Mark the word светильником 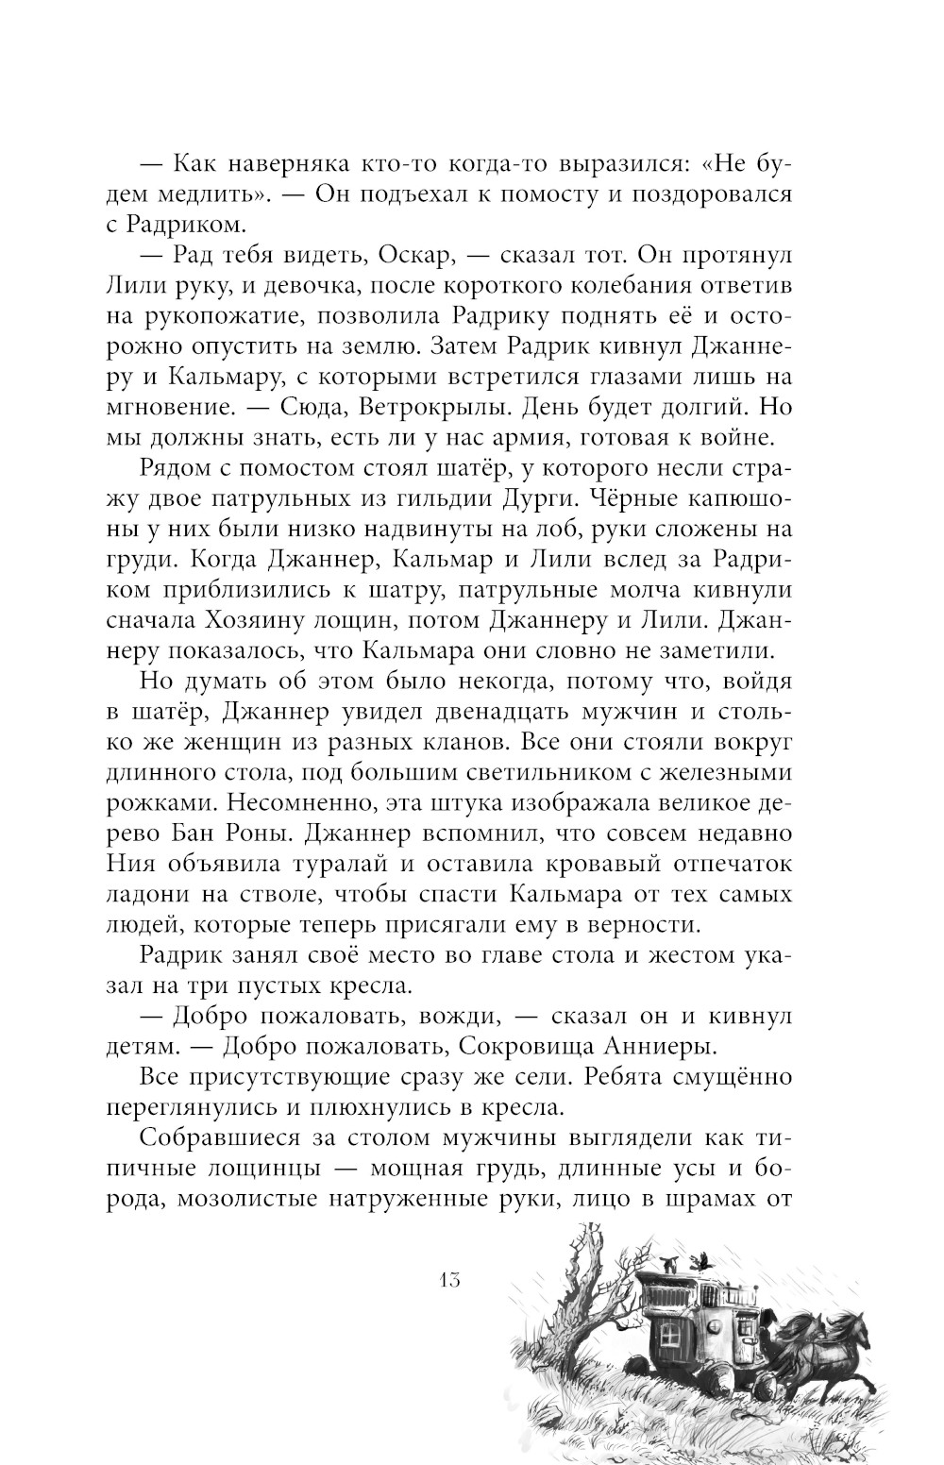point(614,773)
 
